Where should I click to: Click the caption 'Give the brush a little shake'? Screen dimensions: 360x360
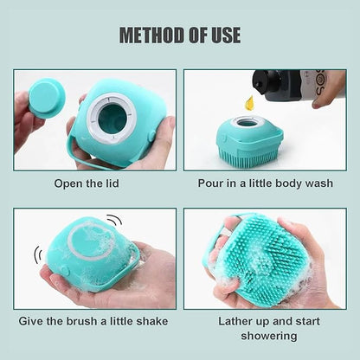point(94,321)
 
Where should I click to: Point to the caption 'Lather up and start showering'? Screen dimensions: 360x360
point(265,329)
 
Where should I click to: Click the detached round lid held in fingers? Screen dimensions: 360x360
point(45,97)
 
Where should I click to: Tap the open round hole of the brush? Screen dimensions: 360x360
point(112,116)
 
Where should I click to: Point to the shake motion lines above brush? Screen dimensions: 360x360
point(113,221)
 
